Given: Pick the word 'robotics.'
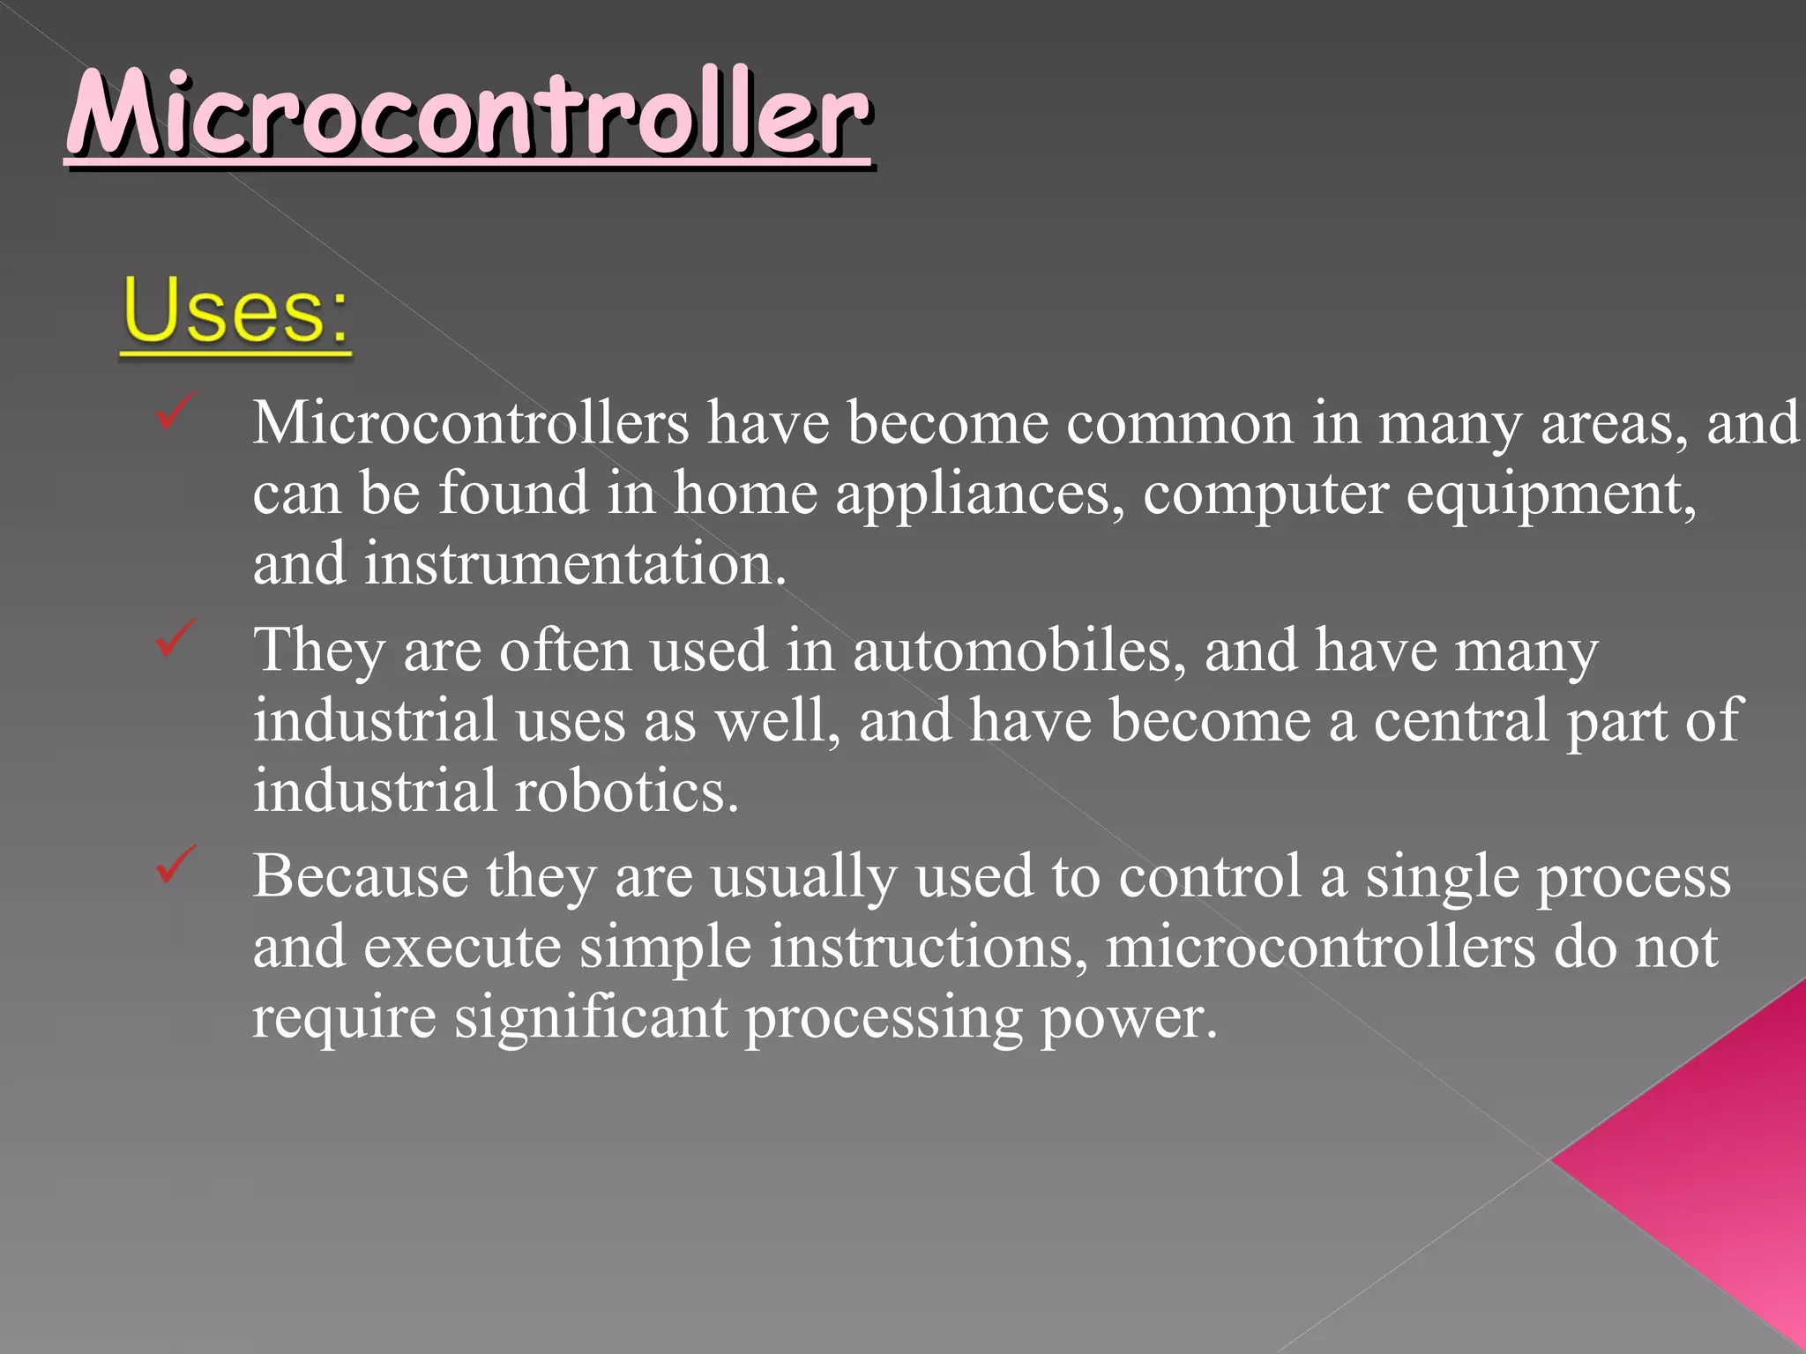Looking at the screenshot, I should [x=626, y=790].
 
